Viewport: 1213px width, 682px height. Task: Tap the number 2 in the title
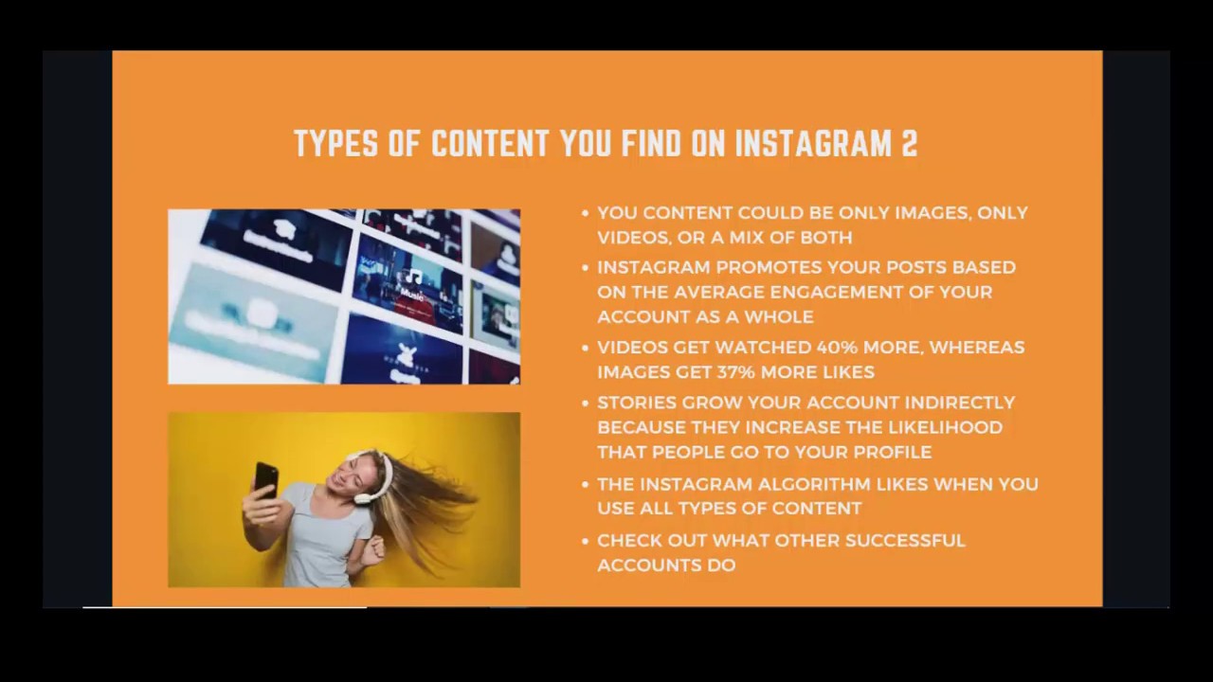point(910,144)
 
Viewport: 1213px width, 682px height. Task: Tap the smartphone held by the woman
point(266,479)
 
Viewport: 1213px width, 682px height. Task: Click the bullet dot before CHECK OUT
point(586,542)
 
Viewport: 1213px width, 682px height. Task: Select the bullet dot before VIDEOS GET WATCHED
point(586,348)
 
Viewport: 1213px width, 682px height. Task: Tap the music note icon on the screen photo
point(414,277)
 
